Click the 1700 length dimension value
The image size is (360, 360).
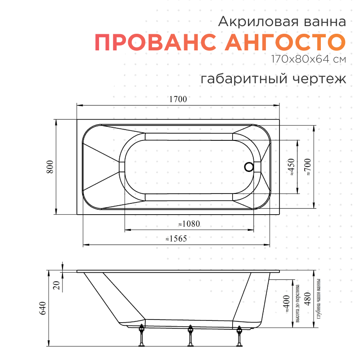178,100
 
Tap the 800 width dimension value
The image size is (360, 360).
50,167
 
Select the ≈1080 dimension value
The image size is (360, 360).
189,224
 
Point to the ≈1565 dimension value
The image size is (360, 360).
176,239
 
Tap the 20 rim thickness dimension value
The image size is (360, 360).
56,285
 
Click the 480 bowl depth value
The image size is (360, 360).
308,299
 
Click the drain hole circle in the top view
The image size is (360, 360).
249,167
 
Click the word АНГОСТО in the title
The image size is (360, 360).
285,42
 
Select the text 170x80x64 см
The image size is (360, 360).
308,59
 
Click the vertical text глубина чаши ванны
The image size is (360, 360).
319,299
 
